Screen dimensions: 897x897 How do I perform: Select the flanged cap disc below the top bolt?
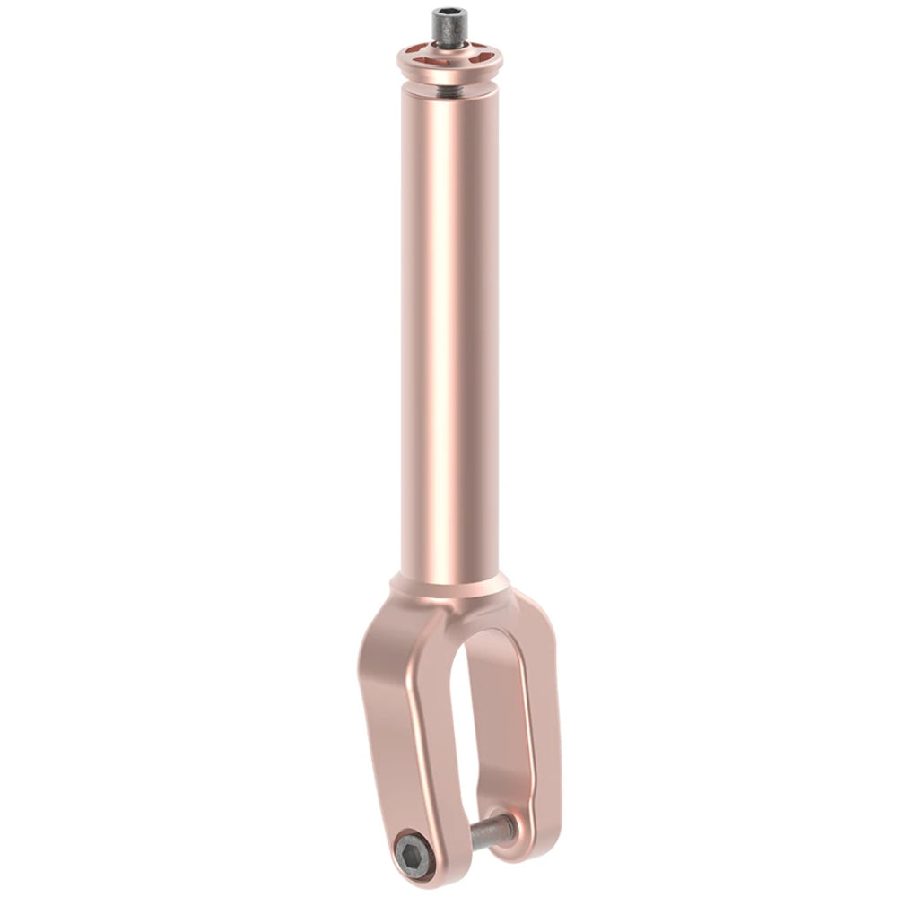click(x=448, y=61)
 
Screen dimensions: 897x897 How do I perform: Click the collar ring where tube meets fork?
click(x=448, y=582)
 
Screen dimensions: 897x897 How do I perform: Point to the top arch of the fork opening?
click(x=484, y=632)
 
